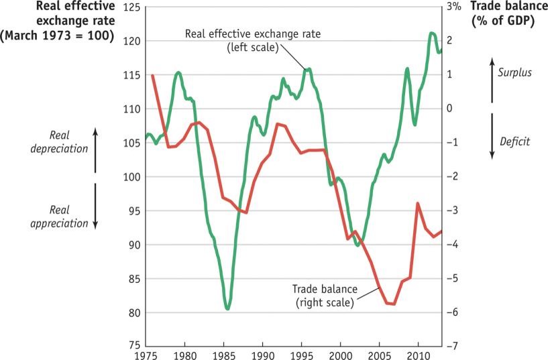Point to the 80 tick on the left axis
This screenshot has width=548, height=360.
pos(133,312)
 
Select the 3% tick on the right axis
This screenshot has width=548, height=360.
pos(453,7)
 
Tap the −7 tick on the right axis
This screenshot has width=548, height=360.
pos(453,347)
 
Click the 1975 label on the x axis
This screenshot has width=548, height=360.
pos(145,354)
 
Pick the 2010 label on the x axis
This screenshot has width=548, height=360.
pos(418,354)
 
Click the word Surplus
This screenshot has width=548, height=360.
pos(515,72)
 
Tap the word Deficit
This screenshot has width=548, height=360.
pos(515,141)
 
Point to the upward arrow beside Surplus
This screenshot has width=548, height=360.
pos(492,81)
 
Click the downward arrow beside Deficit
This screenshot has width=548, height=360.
pos(492,135)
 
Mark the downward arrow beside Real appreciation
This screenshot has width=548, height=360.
pos(95,206)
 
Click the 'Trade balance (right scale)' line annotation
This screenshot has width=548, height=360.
pos(323,296)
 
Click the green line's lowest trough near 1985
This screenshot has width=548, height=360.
pos(228,309)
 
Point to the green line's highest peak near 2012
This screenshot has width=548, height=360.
pos(431,33)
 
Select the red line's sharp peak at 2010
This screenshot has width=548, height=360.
pos(418,203)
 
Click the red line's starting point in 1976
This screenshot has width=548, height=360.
pos(153,75)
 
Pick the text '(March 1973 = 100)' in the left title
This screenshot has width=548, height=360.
pos(57,34)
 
